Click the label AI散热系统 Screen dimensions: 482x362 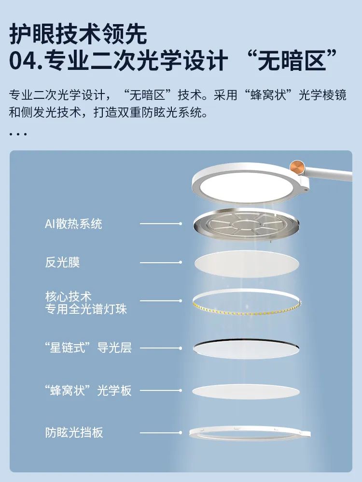pos(73,224)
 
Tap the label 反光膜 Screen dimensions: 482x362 pos(62,262)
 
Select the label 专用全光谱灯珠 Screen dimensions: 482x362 pos(86,309)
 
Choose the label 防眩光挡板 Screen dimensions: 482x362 pos(74,432)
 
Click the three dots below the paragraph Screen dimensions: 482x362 pos(18,134)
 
